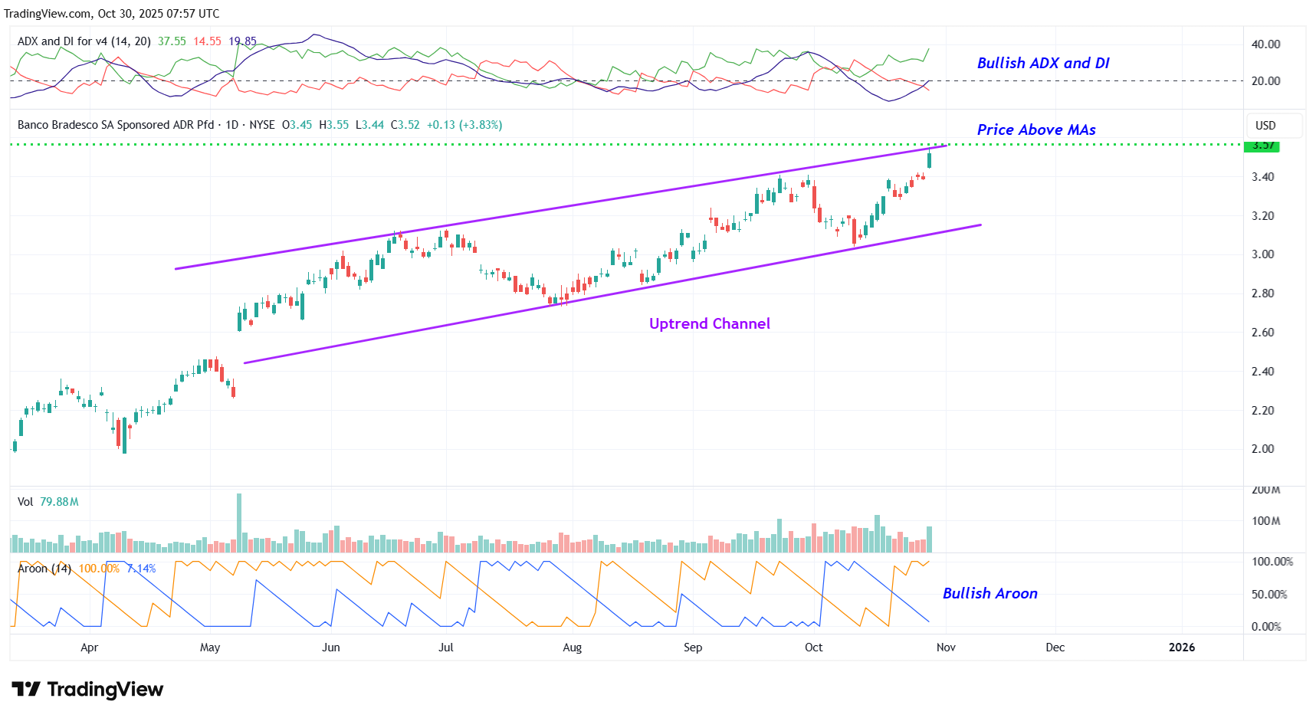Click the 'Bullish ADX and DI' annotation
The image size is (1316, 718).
1042,64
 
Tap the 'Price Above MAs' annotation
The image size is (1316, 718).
1035,130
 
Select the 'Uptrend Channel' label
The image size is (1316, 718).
709,324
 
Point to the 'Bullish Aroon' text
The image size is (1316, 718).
989,594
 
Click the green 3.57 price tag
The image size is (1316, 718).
1262,146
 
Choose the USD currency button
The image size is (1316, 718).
1265,126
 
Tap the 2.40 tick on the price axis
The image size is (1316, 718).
1262,372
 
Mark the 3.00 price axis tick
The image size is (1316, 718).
1262,254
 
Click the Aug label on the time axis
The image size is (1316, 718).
572,648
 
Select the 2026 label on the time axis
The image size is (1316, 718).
1181,648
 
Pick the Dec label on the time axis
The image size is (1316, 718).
1055,648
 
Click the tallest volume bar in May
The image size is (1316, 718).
239,523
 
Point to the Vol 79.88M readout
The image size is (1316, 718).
48,502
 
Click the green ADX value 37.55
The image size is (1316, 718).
172,41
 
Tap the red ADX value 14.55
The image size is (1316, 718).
207,41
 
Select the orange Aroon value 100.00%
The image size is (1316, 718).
99,569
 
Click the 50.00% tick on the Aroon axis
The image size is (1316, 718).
1268,595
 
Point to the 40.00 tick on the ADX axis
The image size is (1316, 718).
1265,44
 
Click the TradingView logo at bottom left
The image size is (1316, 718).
87,690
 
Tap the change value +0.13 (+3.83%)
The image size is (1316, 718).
464,125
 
